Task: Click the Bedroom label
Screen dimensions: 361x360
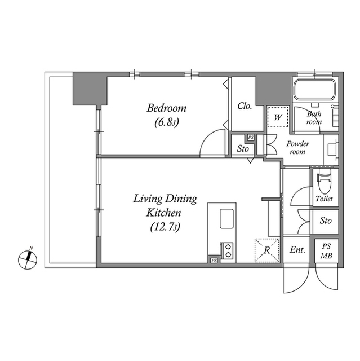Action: (166, 108)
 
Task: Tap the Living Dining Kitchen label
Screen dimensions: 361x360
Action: (165, 206)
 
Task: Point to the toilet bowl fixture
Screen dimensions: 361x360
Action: (325, 183)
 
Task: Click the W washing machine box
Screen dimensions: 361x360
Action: (277, 118)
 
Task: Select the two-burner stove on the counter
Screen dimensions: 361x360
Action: (227, 250)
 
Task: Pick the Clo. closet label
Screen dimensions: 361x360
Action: (244, 105)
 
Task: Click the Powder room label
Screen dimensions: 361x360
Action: (297, 148)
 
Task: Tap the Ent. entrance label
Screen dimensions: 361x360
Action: (297, 250)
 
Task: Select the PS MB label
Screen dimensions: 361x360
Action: (326, 250)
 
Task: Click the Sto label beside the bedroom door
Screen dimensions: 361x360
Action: (243, 149)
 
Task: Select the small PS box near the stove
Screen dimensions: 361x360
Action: (214, 261)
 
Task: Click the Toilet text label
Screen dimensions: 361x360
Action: (325, 199)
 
